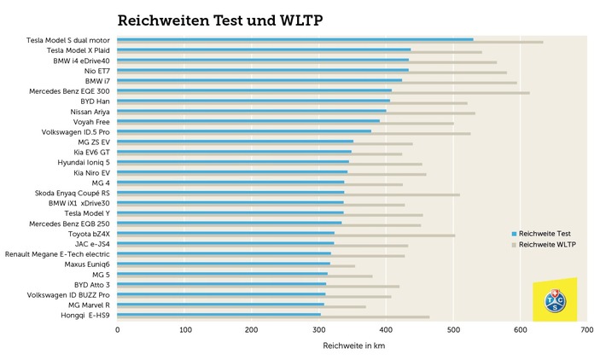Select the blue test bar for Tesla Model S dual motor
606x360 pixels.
coord(294,39)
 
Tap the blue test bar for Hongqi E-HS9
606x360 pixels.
coord(219,314)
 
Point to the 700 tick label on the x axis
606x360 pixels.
coord(586,329)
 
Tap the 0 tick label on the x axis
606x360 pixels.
coord(118,329)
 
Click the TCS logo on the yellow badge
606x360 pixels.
coord(554,301)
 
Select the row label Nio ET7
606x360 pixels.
coord(93,71)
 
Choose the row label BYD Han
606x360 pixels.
coord(93,102)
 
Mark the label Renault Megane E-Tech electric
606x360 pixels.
coord(58,253)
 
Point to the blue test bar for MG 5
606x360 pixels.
coord(192,274)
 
